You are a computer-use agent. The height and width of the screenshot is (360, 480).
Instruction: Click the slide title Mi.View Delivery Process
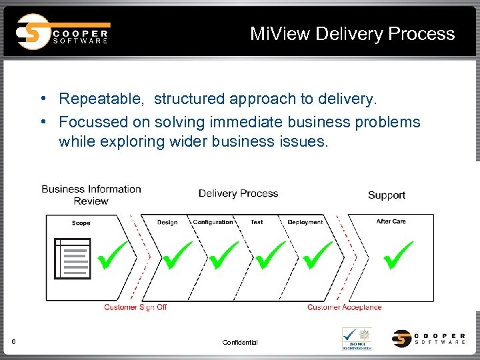click(352, 34)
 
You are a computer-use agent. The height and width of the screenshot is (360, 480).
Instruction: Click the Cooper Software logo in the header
click(63, 32)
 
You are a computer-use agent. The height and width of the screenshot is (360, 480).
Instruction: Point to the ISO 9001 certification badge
click(357, 338)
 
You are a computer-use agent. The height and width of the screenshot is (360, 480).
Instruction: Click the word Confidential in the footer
click(240, 343)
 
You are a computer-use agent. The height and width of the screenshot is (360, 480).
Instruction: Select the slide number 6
click(14, 342)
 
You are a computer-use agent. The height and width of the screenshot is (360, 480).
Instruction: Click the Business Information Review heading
click(91, 195)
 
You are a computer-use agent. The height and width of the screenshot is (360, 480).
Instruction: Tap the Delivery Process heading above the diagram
click(238, 193)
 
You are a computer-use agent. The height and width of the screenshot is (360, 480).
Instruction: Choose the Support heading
click(387, 195)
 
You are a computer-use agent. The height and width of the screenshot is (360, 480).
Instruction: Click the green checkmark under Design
click(176, 256)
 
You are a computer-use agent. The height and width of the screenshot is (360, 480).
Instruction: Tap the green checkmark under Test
click(269, 256)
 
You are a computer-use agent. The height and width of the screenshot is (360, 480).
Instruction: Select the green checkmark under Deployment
click(317, 256)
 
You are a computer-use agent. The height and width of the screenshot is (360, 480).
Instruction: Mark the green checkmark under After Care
click(397, 256)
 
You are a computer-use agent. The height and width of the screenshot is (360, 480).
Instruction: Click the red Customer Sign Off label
click(135, 307)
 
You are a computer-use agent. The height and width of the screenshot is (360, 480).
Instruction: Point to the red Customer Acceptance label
click(344, 307)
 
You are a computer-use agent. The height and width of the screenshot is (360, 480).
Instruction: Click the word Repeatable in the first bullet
click(100, 99)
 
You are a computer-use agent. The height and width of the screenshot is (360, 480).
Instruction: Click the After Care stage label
click(391, 221)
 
